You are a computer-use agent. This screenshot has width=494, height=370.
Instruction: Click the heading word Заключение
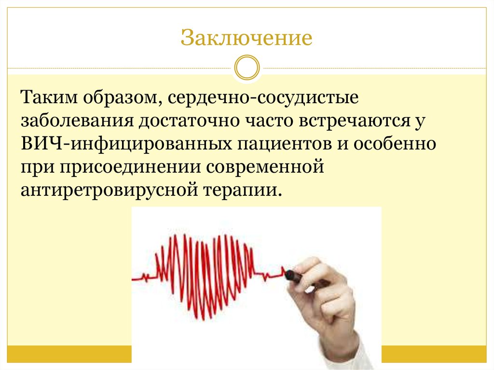coord(247,38)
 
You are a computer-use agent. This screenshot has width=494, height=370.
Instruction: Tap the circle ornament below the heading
coord(247,67)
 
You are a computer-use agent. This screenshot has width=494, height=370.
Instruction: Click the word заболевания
coord(77,120)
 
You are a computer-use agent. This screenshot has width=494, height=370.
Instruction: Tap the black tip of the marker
coord(291,275)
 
